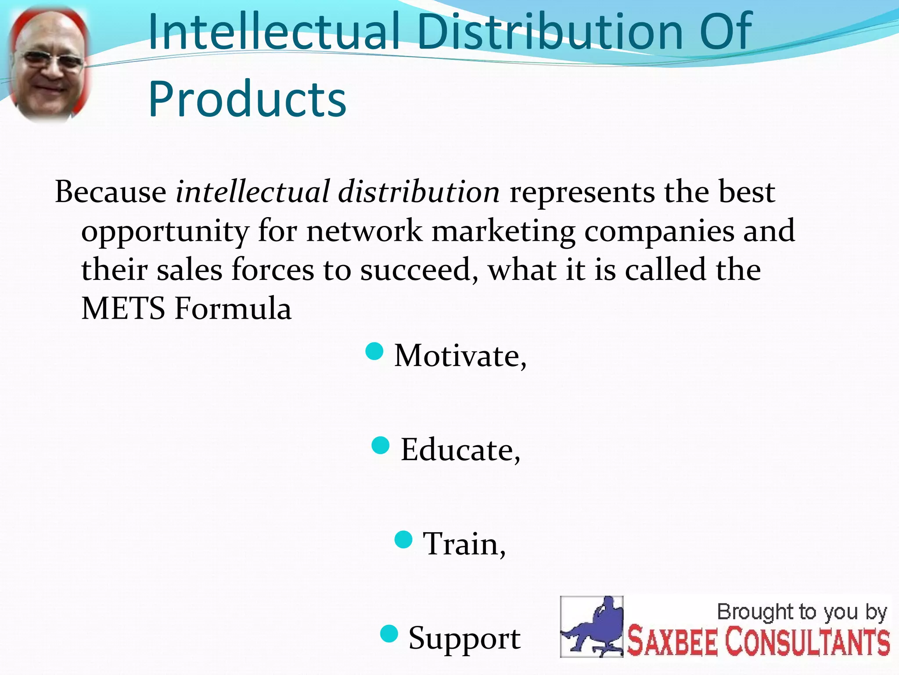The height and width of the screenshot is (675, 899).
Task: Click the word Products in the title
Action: (247, 99)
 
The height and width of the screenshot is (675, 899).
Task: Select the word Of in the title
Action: (725, 32)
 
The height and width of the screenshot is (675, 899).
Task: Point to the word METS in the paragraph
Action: (123, 308)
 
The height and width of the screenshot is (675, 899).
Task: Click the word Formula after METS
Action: (233, 308)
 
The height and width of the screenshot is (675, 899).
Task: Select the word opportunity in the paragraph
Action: (165, 232)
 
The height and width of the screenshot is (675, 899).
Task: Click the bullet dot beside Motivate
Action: (374, 352)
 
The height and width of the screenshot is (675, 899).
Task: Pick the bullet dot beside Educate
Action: (381, 445)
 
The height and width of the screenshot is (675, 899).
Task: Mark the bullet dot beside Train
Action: (403, 540)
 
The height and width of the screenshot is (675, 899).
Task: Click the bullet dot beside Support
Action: (389, 634)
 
